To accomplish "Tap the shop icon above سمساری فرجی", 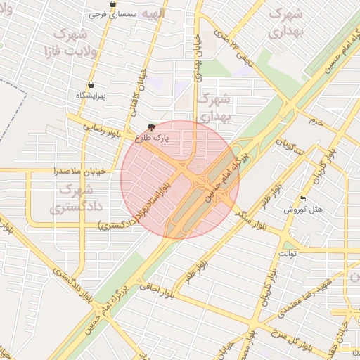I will click(x=112, y=4).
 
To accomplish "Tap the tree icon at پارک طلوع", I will click(x=151, y=128).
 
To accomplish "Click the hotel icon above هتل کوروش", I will click(x=302, y=200).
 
